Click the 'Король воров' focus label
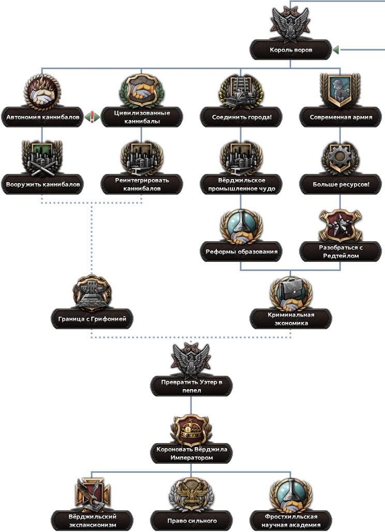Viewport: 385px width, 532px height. [290, 50]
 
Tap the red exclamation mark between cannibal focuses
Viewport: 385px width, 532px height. [93, 117]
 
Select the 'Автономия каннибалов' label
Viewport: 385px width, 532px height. [43, 117]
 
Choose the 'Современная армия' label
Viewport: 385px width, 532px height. [340, 117]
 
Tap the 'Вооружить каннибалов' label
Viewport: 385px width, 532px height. [43, 184]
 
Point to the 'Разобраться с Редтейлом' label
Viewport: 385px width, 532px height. [340, 252]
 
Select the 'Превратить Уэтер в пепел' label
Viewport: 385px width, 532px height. [191, 386]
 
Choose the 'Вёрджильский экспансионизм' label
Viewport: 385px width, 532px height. [92, 520]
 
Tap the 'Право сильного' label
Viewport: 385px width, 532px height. [191, 520]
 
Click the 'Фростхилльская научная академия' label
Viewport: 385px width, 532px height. [291, 520]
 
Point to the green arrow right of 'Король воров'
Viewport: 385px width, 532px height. [335, 50]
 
